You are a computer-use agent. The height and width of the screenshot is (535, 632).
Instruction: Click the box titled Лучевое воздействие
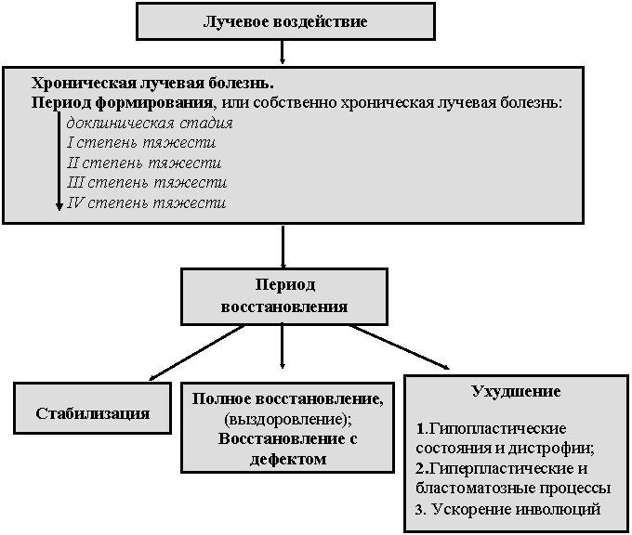285,21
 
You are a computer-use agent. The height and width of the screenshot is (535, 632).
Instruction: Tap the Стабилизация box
92,408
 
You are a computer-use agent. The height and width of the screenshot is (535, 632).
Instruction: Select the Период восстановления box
284,296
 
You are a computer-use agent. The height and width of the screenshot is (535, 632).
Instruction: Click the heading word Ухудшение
516,391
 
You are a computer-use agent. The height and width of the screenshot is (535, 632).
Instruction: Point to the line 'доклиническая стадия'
150,123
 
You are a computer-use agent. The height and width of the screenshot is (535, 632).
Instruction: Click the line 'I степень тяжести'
141,143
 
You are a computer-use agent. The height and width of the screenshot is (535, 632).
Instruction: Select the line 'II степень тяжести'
144,163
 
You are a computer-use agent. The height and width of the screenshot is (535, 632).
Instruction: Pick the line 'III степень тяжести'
147,182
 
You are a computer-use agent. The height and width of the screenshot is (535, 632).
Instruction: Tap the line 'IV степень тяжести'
146,202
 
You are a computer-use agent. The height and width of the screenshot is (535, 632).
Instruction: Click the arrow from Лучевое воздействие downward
283,52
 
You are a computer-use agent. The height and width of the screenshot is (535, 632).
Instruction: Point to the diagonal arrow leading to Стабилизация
197,353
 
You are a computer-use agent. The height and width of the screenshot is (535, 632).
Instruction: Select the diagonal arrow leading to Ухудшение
399,346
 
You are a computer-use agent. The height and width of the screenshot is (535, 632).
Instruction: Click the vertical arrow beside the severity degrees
59,161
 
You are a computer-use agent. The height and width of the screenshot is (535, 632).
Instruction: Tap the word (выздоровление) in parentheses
288,419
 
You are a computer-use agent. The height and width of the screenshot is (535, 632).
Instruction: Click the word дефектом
288,459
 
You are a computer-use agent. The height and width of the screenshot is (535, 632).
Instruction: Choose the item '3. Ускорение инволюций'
507,509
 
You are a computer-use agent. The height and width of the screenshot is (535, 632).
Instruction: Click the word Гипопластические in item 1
497,428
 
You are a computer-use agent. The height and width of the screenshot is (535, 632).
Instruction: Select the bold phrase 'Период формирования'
122,103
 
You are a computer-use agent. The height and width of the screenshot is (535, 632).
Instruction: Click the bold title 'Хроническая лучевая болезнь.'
152,83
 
